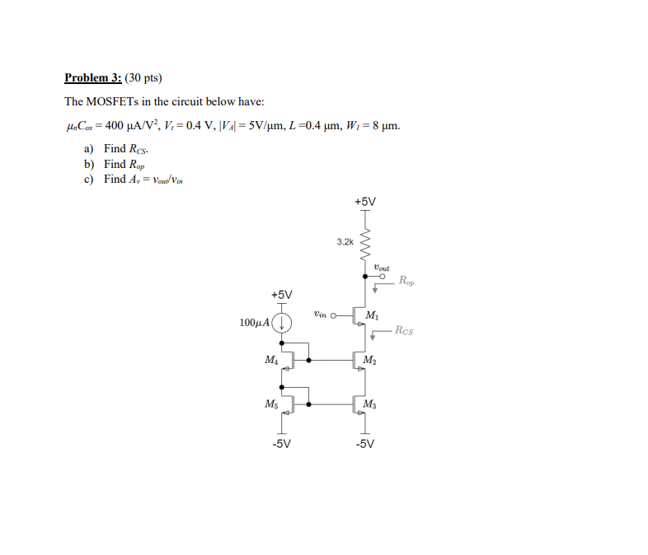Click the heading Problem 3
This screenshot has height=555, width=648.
pyautogui.click(x=92, y=79)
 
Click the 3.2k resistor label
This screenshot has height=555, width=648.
pyautogui.click(x=345, y=241)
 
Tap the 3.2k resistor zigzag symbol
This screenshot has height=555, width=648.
pyautogui.click(x=364, y=242)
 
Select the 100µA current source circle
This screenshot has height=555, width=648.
pyautogui.click(x=282, y=322)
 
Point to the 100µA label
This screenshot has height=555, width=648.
pyautogui.click(x=255, y=322)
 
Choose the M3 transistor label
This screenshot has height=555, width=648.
pyautogui.click(x=372, y=403)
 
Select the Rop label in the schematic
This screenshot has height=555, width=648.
pyautogui.click(x=407, y=282)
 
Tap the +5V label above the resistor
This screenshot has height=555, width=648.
pyautogui.click(x=364, y=201)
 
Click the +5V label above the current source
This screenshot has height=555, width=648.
pyautogui.click(x=281, y=294)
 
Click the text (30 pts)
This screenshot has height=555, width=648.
pyautogui.click(x=144, y=79)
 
